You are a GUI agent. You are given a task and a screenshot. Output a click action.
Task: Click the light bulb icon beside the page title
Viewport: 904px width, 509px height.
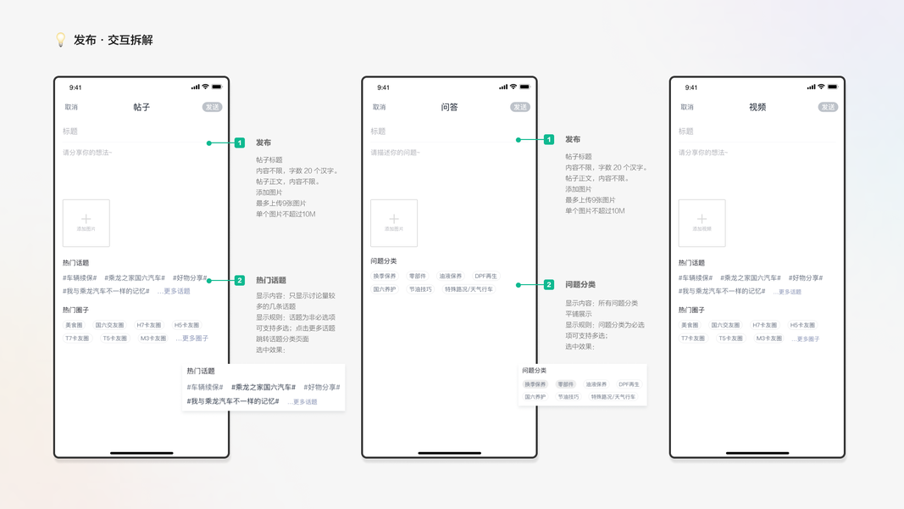pyautogui.click(x=60, y=40)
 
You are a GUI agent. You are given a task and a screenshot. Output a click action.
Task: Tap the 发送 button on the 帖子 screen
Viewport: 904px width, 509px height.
pyautogui.click(x=212, y=107)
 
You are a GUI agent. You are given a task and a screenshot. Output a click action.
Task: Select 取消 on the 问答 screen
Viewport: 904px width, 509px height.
pyautogui.click(x=379, y=107)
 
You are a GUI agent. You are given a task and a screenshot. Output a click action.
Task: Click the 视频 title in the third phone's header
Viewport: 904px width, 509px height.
pyautogui.click(x=757, y=107)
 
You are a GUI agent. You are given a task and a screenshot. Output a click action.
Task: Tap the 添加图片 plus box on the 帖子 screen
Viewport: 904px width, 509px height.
pyautogui.click(x=86, y=222)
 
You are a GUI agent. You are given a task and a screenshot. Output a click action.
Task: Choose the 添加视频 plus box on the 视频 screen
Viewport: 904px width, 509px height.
pyautogui.click(x=702, y=222)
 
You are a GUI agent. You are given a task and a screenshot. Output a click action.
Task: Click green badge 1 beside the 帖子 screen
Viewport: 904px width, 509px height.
pyautogui.click(x=240, y=143)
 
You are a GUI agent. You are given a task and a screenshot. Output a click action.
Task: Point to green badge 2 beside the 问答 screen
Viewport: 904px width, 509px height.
pyautogui.click(x=549, y=285)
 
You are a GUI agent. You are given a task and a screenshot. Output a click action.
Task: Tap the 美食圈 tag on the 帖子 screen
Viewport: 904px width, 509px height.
pyautogui.click(x=74, y=325)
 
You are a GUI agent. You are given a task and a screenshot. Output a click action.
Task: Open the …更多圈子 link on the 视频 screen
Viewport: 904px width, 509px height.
pyautogui.click(x=806, y=338)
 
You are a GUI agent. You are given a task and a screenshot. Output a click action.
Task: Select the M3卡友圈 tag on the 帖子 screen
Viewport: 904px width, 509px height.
pyautogui.click(x=153, y=338)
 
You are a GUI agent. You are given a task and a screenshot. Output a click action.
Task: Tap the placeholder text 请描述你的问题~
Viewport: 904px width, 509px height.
pyautogui.click(x=395, y=153)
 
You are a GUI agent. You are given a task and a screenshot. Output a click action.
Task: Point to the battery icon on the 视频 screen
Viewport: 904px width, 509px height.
pyautogui.click(x=833, y=87)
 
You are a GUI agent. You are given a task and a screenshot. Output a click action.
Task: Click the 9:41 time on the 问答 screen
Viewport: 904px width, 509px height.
pyautogui.click(x=383, y=87)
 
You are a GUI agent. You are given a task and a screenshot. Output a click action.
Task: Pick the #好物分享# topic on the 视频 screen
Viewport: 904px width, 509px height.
pyautogui.click(x=805, y=277)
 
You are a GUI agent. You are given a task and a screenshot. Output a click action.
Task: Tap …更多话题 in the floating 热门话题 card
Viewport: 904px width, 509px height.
pyautogui.click(x=302, y=401)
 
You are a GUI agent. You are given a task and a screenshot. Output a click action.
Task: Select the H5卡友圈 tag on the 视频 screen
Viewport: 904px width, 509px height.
pyautogui.click(x=802, y=325)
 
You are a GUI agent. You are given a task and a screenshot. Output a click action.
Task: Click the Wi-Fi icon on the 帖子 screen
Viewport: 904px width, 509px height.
pyautogui.click(x=205, y=87)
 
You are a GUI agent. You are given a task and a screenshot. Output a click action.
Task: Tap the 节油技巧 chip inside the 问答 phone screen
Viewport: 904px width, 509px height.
pyautogui.click(x=420, y=289)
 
